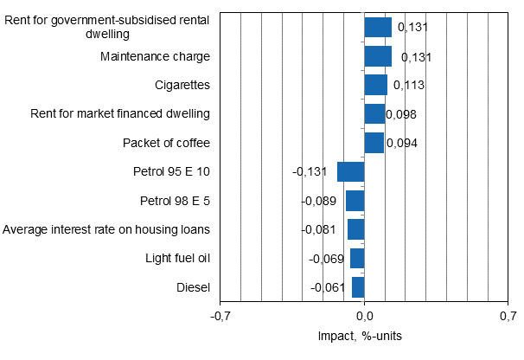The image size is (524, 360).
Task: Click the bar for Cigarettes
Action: click(375, 85)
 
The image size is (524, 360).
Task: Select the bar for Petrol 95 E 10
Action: click(350, 171)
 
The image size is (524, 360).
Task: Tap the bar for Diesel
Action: click(358, 287)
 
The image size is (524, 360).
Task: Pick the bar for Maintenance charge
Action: click(378, 56)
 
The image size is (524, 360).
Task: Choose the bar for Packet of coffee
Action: click(374, 143)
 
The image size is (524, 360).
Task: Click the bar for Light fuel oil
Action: click(357, 258)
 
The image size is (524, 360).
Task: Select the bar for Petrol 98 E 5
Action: click(355, 201)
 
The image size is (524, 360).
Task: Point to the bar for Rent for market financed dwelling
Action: click(374, 114)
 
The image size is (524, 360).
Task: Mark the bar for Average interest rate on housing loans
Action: click(355, 229)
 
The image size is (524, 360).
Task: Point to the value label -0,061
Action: click(328, 288)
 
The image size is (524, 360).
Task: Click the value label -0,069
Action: click(326, 259)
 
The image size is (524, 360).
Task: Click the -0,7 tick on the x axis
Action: click(220, 317)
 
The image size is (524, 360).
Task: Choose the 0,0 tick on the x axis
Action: click(364, 317)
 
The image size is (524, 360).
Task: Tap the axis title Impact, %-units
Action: click(364, 336)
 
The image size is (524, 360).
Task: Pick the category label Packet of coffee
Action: click(166, 143)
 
